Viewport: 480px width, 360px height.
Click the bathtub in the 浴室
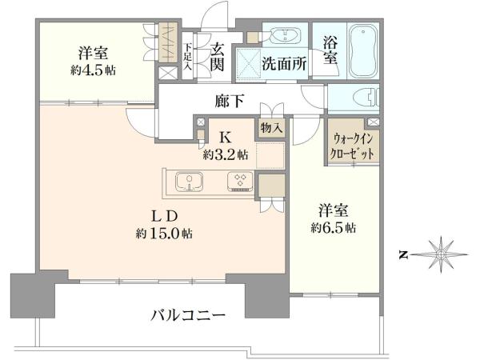[x=362, y=52]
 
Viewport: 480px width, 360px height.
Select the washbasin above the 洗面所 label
[x=286, y=35]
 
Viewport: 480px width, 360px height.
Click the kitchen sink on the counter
[x=190, y=182]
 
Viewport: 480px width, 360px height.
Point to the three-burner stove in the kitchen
[x=240, y=182]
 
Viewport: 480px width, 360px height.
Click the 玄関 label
[x=217, y=58]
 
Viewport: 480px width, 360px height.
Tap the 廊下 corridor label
[x=230, y=101]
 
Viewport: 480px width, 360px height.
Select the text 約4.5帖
[x=93, y=70]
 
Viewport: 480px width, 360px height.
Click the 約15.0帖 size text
[x=164, y=234]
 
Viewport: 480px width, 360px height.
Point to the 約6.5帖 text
[x=334, y=228]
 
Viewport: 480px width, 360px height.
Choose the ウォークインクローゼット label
[x=351, y=146]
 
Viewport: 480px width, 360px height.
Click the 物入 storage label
[x=271, y=128]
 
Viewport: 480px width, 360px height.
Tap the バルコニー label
[x=188, y=314]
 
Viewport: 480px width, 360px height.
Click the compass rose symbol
[x=440, y=254]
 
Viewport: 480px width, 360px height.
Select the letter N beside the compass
[x=404, y=254]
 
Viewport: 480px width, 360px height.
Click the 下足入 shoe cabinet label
[x=188, y=58]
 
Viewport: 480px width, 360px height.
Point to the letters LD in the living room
[x=165, y=217]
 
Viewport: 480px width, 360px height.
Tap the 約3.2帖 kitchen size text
[x=226, y=155]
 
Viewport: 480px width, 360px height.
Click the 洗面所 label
[x=284, y=64]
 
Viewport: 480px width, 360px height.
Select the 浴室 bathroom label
[x=330, y=50]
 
